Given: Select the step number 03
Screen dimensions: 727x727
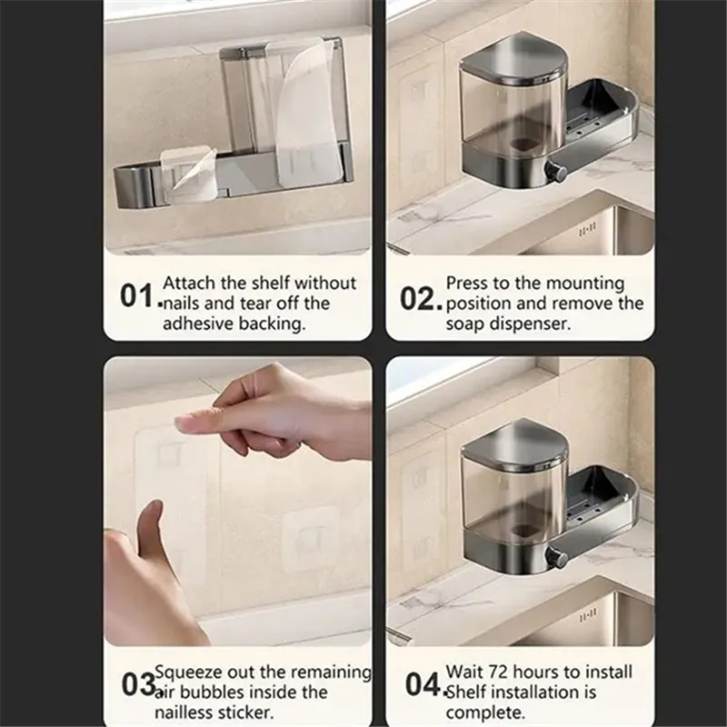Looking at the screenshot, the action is pos(138,684).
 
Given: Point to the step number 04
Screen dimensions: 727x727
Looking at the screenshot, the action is pos(422,684).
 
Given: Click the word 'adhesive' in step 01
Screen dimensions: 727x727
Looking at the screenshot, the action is pos(198,324).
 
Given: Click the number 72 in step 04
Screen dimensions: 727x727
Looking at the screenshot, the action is pos(497,672).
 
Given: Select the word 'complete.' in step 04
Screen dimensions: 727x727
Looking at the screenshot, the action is pos(485,712).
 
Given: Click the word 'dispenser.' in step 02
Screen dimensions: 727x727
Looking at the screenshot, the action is pos(530,324).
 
